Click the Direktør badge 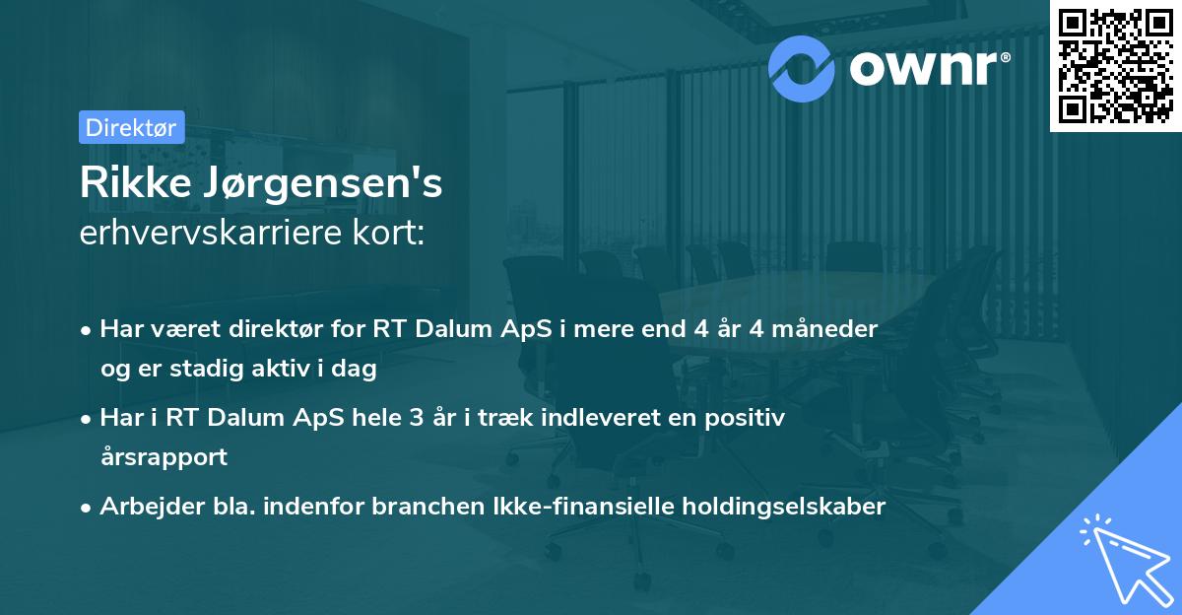130,127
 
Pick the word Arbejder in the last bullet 143,507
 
